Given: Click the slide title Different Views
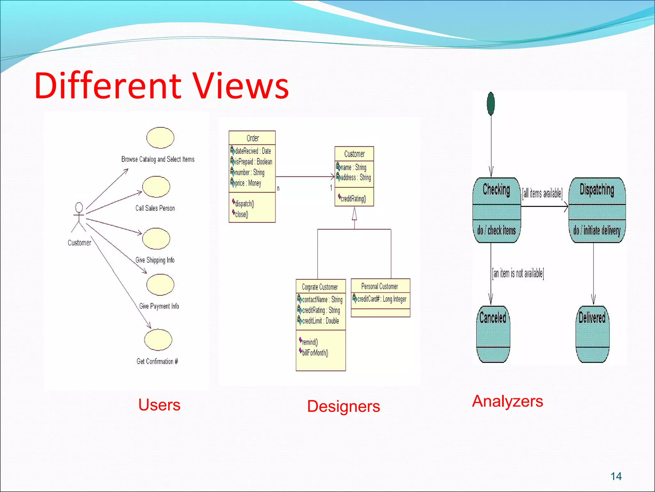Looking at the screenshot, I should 162,86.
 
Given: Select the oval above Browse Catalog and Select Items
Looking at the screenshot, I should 160,138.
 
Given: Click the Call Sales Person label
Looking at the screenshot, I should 155,208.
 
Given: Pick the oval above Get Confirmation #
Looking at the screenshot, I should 158,340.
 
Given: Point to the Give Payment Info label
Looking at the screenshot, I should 159,306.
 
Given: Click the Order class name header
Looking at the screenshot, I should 252,138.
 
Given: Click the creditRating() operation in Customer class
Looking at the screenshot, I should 353,199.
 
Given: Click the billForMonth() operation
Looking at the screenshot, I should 315,353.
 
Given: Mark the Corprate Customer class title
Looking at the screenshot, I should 320,287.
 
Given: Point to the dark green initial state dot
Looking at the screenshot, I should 491,103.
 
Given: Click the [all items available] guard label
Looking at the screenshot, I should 542,193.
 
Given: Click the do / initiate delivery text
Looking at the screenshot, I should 597,230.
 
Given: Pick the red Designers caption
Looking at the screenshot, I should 343,406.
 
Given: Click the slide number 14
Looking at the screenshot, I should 616,476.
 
